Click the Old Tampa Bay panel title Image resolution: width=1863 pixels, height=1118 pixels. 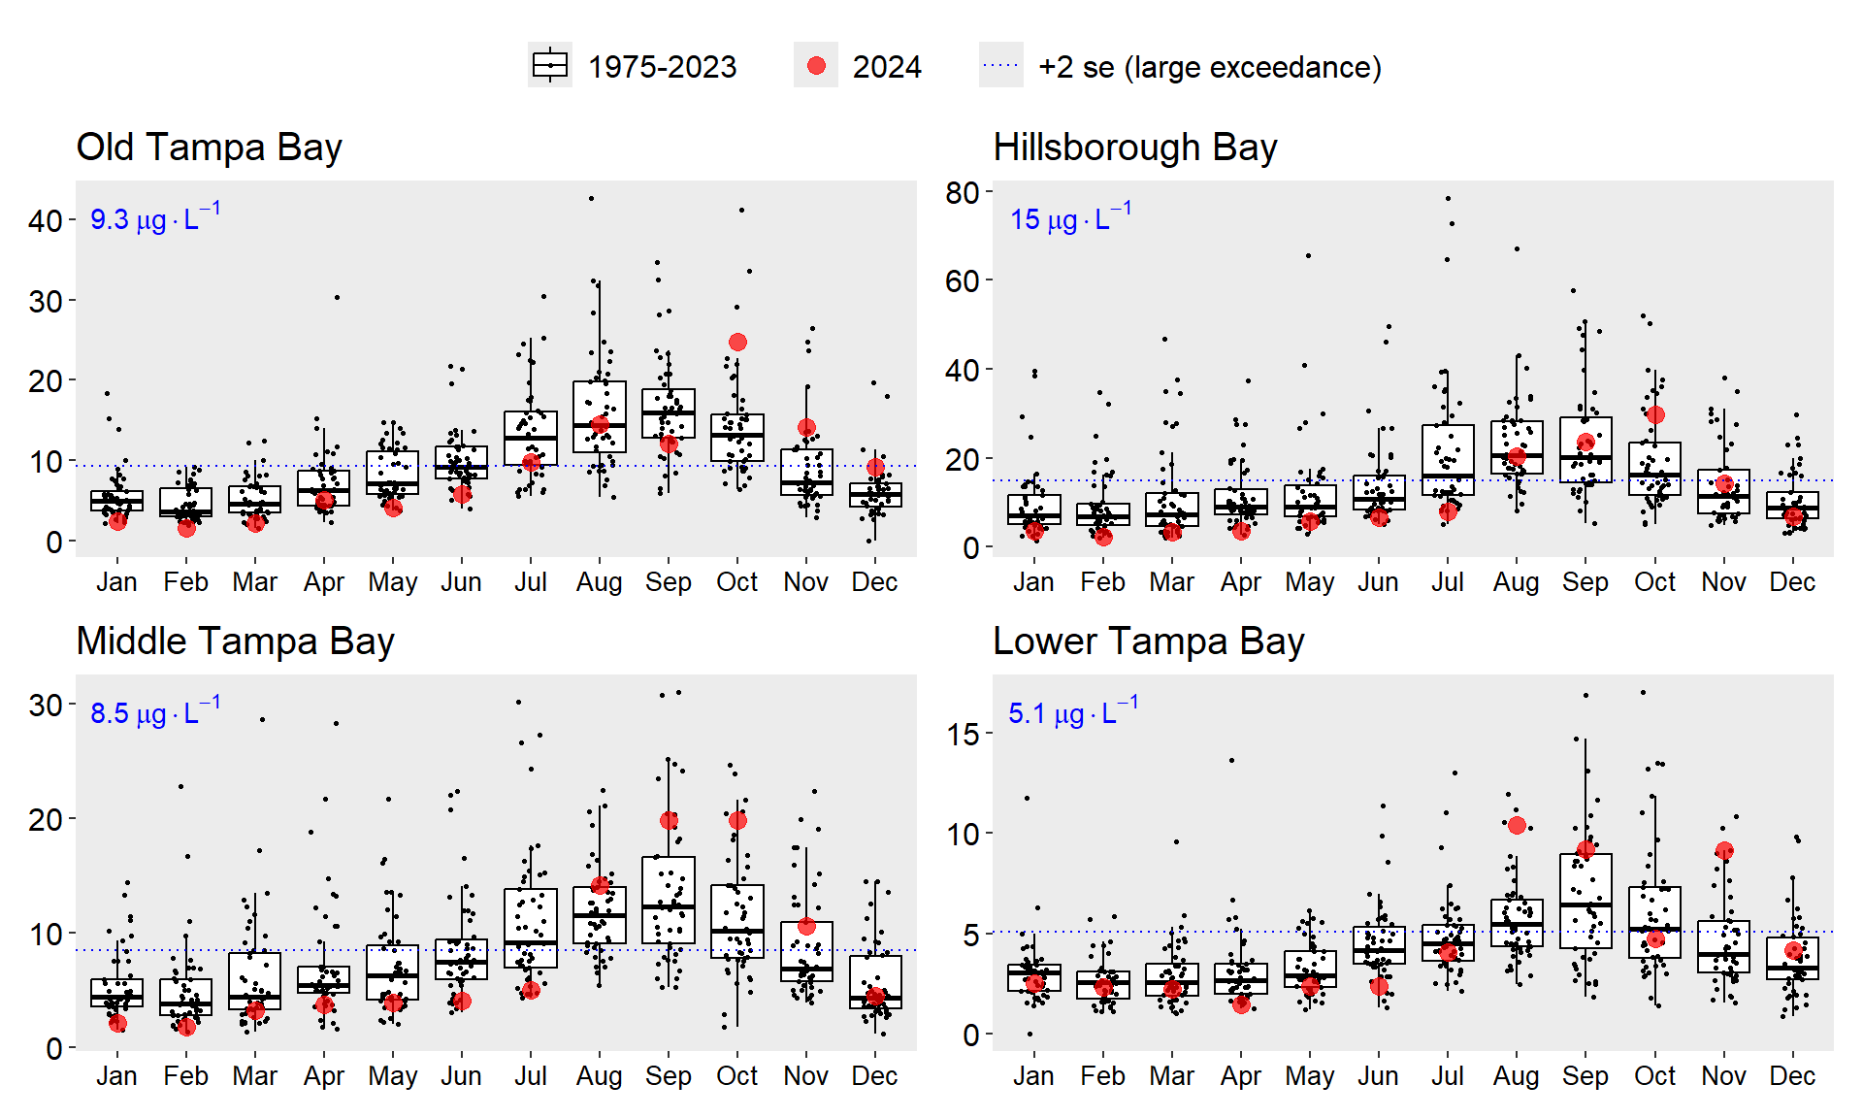pyautogui.click(x=209, y=148)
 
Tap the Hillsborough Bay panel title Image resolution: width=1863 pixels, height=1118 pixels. pyautogui.click(x=1134, y=148)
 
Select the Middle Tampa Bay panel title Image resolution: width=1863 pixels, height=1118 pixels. pyautogui.click(x=235, y=641)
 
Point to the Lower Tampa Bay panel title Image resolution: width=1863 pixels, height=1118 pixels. pyautogui.click(x=1148, y=641)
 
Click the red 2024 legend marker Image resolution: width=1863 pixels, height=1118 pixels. pyautogui.click(x=816, y=66)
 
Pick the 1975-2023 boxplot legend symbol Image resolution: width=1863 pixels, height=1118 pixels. pyautogui.click(x=550, y=66)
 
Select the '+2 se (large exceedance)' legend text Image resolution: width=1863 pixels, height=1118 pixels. pyautogui.click(x=1209, y=67)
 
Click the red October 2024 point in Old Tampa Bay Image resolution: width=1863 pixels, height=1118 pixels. pyautogui.click(x=737, y=342)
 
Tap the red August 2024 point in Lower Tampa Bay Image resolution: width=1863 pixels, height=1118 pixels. pyautogui.click(x=1517, y=825)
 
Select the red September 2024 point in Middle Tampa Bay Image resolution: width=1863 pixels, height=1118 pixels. pyautogui.click(x=669, y=820)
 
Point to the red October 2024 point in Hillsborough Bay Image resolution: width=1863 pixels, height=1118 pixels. pyautogui.click(x=1655, y=414)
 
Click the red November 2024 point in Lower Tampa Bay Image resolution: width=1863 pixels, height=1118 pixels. pyautogui.click(x=1724, y=851)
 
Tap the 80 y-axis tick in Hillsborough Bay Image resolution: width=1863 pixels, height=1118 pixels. pyautogui.click(x=963, y=192)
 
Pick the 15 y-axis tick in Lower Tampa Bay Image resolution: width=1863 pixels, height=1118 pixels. pyautogui.click(x=963, y=735)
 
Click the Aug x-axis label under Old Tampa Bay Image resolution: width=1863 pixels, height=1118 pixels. pyautogui.click(x=599, y=582)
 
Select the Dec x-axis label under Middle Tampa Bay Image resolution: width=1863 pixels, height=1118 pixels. pyautogui.click(x=874, y=1076)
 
